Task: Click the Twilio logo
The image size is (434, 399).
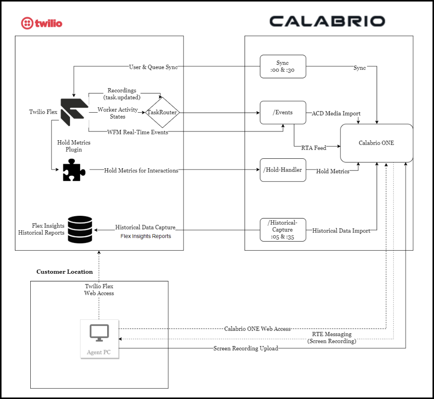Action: [x=42, y=23]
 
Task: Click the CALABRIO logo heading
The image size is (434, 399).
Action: [x=327, y=21]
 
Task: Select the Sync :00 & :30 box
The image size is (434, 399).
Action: [x=283, y=66]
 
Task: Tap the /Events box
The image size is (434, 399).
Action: [x=283, y=113]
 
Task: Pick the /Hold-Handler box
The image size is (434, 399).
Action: [x=283, y=170]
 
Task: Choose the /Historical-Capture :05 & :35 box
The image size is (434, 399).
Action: [x=283, y=230]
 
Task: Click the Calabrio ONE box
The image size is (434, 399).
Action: [x=376, y=143]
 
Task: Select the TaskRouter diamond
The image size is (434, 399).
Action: [x=162, y=112]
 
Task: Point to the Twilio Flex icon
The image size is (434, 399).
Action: [x=74, y=112]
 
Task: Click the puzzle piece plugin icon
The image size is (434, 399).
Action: [x=74, y=170]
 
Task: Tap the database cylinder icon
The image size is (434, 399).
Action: [x=80, y=229]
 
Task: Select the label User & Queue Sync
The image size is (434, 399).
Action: [x=153, y=67]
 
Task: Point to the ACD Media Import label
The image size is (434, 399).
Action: [x=336, y=113]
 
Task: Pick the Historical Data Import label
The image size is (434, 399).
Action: [x=341, y=231]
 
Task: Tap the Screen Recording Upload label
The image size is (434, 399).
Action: [x=246, y=348]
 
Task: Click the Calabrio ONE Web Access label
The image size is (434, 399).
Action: [x=257, y=329]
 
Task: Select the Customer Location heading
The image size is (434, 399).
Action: [x=65, y=272]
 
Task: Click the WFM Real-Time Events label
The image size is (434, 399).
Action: [x=138, y=132]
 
